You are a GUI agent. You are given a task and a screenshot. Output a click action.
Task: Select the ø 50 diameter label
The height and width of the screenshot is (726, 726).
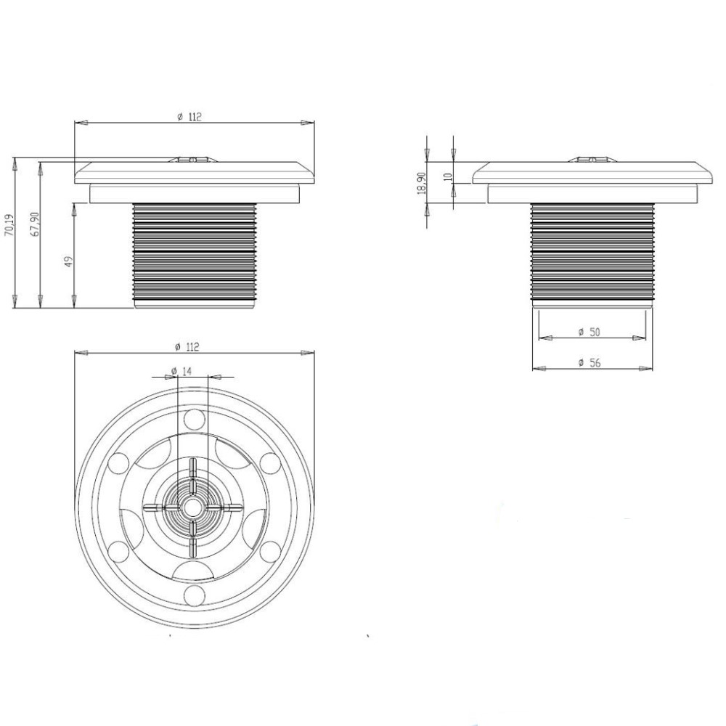(x=590, y=332)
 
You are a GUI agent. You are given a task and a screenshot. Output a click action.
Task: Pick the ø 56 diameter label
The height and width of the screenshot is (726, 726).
(x=590, y=363)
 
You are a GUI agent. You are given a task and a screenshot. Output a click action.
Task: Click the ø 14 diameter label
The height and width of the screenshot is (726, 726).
(x=181, y=371)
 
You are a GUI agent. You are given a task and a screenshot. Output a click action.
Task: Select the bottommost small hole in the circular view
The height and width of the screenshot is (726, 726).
(x=193, y=595)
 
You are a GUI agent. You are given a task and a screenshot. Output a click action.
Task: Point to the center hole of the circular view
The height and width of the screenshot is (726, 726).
(x=193, y=506)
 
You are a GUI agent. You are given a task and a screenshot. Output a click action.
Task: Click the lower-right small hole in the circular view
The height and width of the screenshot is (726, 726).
(x=269, y=550)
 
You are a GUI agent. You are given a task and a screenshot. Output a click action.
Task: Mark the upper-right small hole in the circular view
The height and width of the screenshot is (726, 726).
(x=269, y=462)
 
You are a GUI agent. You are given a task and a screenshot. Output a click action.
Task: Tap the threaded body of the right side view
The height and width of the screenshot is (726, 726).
(x=591, y=250)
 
